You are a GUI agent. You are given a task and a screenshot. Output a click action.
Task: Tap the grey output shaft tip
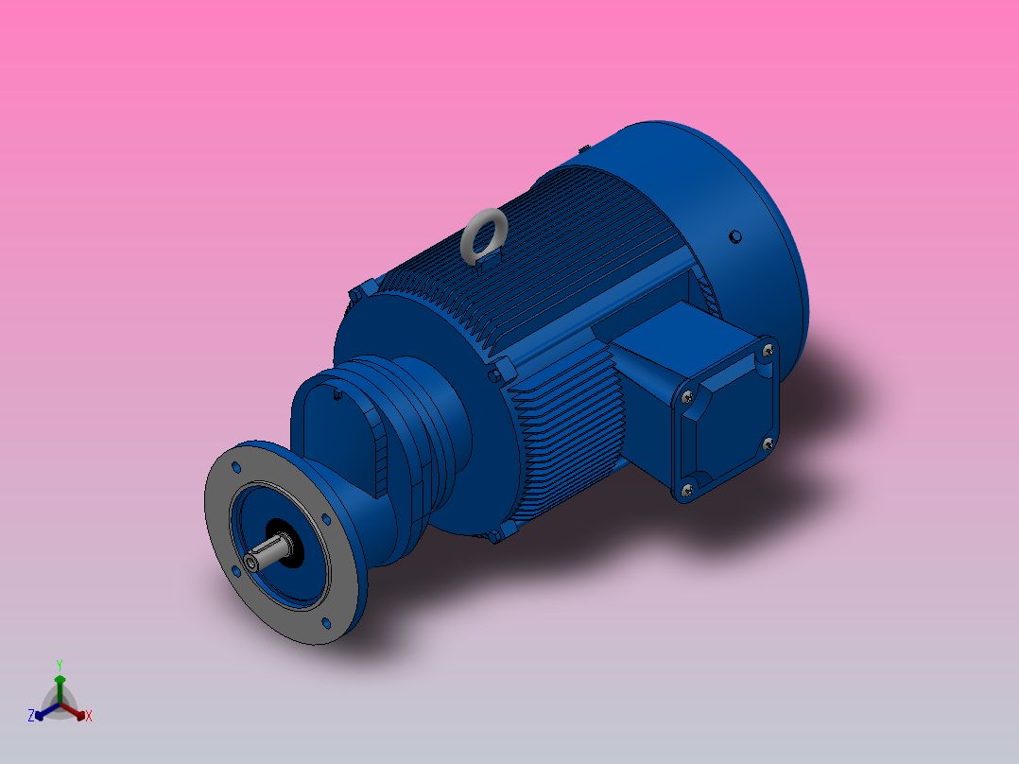click(x=250, y=564)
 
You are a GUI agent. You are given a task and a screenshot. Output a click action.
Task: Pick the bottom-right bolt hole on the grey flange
click(x=326, y=622)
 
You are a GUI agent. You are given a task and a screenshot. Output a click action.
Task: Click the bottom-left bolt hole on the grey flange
click(x=233, y=571)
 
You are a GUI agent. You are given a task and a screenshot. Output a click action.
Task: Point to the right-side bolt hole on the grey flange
click(x=326, y=519)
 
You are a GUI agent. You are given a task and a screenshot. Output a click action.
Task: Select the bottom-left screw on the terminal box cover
click(x=687, y=489)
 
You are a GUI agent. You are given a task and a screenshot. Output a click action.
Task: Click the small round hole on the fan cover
click(x=735, y=236)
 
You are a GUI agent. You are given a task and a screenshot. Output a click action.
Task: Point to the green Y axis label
click(x=59, y=664)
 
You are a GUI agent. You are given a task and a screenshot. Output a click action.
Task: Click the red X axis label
click(x=88, y=716)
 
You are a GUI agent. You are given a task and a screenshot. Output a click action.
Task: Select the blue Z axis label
click(x=31, y=716)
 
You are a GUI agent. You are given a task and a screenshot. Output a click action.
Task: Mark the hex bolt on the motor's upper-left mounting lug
click(x=357, y=292)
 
